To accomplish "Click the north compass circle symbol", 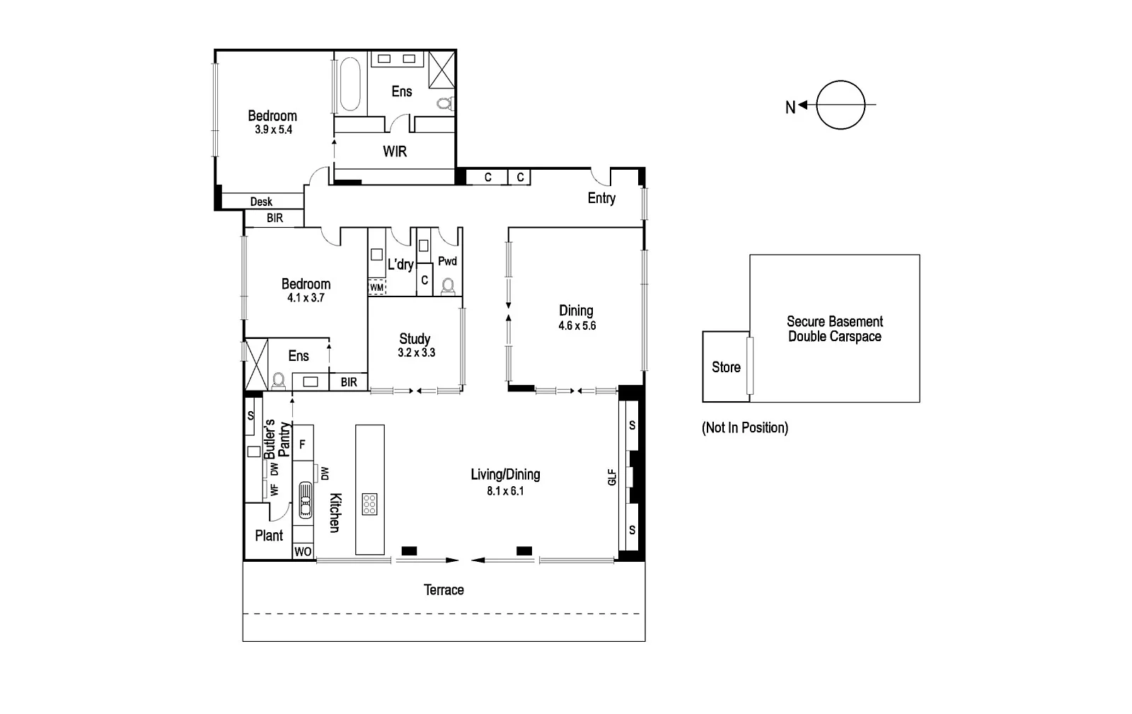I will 841,105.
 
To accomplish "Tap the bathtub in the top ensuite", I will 350,85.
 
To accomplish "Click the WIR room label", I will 395,151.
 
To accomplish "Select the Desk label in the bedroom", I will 261,202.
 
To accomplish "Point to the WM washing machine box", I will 377,288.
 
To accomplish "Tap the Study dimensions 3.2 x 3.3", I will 416,352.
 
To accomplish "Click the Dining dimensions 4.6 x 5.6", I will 577,326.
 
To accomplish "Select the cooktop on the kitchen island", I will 369,504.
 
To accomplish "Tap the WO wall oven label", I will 303,551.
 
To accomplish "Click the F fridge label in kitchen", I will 302,444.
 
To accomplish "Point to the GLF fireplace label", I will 613,477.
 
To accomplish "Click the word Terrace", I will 444,589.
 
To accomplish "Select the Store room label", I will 726,367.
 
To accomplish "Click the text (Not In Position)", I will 744,427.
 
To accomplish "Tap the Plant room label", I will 269,536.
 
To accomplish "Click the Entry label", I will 601,198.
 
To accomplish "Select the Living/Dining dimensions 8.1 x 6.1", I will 505,491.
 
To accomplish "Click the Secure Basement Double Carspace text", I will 835,329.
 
